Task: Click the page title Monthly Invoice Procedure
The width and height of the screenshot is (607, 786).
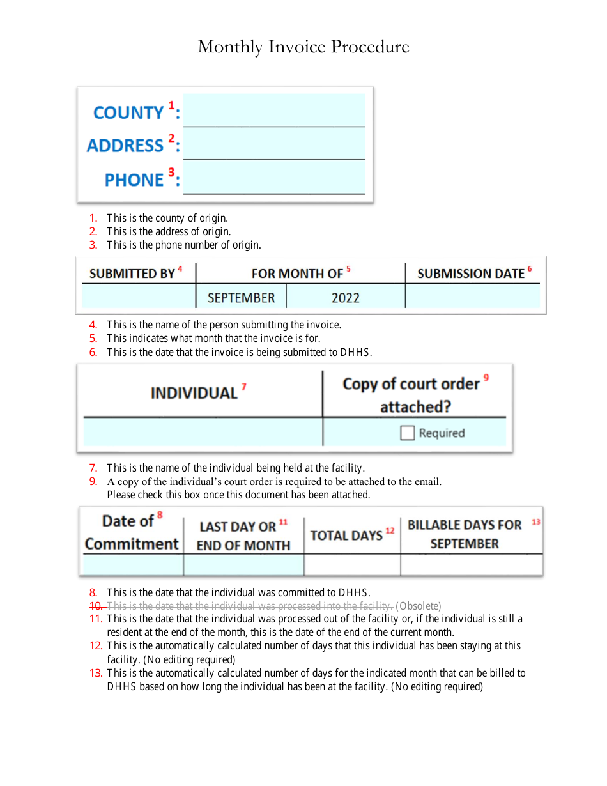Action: point(303,47)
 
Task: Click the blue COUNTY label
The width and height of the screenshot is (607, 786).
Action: point(128,112)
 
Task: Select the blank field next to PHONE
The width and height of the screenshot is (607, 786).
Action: point(273,178)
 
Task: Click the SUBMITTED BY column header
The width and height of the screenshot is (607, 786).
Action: point(132,274)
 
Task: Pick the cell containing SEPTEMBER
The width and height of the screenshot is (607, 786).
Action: point(241,298)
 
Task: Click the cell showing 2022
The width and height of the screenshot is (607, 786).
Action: point(345,298)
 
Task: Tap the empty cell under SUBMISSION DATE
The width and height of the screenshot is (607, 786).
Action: point(473,297)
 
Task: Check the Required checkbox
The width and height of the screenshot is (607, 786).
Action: point(407,433)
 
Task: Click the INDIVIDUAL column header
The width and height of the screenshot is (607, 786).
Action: point(194,393)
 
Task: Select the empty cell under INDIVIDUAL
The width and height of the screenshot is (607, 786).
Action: point(203,432)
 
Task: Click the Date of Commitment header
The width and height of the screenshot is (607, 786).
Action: point(132,532)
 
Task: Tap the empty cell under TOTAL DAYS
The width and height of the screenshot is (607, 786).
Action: point(352,565)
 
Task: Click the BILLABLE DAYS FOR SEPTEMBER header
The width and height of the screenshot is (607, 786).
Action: point(465,534)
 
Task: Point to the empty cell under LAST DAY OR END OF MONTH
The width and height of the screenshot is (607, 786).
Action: point(243,565)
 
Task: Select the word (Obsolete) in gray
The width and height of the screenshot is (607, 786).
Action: point(419,605)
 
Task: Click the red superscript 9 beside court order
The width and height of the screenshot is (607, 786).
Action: point(486,378)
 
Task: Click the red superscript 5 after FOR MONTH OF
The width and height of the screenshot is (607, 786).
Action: point(349,269)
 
